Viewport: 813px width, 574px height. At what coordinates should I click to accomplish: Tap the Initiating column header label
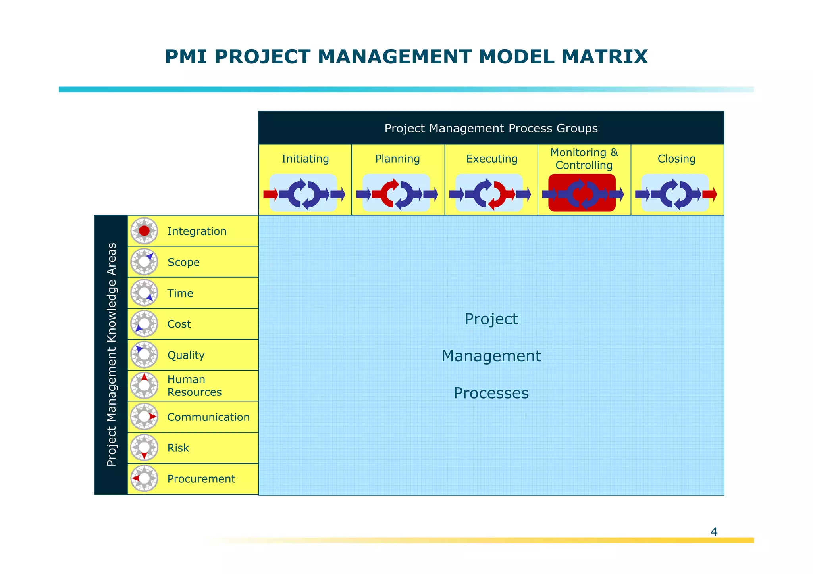[x=305, y=159]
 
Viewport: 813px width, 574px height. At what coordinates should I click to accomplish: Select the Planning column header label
[x=397, y=159]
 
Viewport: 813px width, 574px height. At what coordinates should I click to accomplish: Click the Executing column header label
[x=492, y=159]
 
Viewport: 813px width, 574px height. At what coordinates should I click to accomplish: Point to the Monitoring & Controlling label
[x=584, y=159]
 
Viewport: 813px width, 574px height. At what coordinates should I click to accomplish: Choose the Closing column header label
[x=676, y=159]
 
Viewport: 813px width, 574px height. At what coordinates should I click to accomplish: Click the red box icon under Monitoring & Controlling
[x=582, y=193]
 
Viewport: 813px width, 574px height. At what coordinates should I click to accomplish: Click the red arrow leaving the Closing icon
[x=710, y=194]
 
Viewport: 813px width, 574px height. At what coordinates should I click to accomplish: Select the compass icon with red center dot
[x=144, y=231]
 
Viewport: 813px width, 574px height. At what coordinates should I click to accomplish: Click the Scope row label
[x=183, y=262]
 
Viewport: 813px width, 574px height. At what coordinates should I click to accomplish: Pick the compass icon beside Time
[x=144, y=293]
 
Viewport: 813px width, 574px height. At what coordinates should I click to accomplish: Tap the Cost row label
[x=179, y=324]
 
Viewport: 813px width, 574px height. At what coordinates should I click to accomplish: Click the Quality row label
[x=186, y=355]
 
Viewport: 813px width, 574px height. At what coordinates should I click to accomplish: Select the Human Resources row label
[x=194, y=386]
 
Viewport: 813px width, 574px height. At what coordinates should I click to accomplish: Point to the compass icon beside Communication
[x=144, y=417]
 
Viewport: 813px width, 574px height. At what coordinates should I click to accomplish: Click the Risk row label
[x=178, y=448]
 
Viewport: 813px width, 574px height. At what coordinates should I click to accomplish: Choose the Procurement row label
[x=201, y=479]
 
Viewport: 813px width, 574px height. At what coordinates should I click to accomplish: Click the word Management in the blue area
[x=491, y=356]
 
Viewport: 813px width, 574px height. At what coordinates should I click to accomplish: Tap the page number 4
[x=714, y=532]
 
